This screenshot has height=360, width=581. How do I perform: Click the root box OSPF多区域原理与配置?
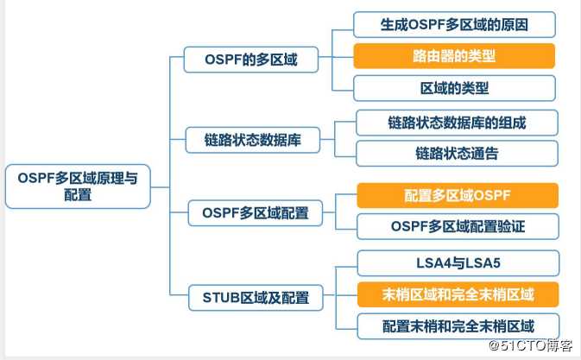[x=78, y=186]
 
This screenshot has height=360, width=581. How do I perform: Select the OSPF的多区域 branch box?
[x=251, y=60]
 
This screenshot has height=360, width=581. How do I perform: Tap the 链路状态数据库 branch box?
[x=252, y=140]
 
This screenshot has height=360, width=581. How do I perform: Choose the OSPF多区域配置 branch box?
[x=256, y=213]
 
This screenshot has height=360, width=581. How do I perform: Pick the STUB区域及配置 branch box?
[x=256, y=297]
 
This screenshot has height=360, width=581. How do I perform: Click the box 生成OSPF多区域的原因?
[x=454, y=24]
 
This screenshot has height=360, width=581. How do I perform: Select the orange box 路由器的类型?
[x=454, y=56]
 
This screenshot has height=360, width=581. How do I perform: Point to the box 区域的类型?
[x=454, y=88]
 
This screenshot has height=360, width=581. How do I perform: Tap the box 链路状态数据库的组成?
[x=457, y=123]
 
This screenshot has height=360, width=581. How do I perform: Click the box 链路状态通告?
[x=457, y=154]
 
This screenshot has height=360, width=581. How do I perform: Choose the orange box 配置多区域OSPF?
[x=458, y=195]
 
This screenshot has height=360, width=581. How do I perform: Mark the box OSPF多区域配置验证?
[x=458, y=226]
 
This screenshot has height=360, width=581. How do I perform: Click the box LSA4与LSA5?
[x=458, y=263]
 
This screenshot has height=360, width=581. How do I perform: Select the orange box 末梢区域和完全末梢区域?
[x=458, y=294]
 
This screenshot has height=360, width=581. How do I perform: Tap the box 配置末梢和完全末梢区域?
[x=458, y=326]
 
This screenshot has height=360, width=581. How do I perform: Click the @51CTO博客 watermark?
[x=531, y=345]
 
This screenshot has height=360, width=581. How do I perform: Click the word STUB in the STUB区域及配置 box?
[x=221, y=297]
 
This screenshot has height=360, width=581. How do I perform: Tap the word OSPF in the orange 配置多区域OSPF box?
[x=492, y=195]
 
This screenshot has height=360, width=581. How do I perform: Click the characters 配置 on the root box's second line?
[x=78, y=195]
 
